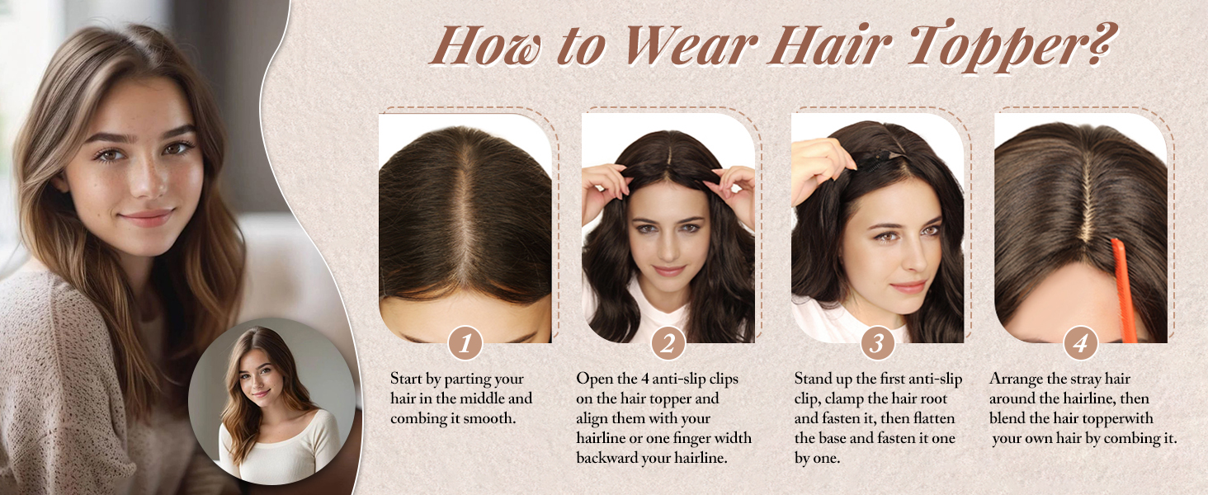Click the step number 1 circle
[x=465, y=343]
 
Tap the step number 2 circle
[x=668, y=343]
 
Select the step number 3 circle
[x=877, y=343]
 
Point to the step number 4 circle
[x=1080, y=343]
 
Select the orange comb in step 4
[x=1124, y=289]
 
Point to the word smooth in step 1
[x=493, y=418]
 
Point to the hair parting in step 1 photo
[x=467, y=214]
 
